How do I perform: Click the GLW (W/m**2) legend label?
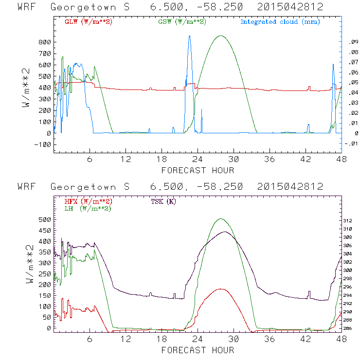[89, 21]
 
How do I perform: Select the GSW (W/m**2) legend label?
[182, 21]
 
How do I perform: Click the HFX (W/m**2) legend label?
[89, 201]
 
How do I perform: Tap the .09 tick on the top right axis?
[352, 42]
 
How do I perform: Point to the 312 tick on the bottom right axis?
[352, 220]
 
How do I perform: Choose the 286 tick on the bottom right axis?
[352, 329]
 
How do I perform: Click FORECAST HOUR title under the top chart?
[198, 170]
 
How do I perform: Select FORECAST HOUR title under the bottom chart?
[198, 350]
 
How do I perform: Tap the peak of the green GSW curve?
[221, 36]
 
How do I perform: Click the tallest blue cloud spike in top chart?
[189, 36]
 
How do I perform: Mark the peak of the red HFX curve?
[221, 289]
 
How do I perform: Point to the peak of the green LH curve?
[221, 219]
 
